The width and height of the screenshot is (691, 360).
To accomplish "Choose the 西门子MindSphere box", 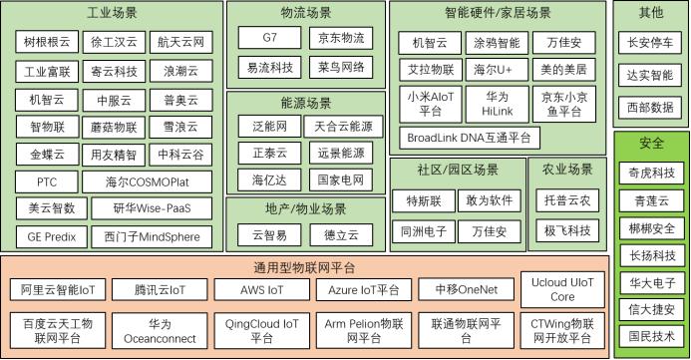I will coord(152,237).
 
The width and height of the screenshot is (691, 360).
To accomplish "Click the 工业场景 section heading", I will coord(113,14).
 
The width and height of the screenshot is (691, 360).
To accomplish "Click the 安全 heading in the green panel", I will coord(652,144).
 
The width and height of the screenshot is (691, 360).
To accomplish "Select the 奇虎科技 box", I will coord(652,172).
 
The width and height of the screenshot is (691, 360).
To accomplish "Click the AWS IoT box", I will coord(262,289).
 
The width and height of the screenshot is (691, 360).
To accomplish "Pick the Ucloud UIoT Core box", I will coord(562,289).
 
